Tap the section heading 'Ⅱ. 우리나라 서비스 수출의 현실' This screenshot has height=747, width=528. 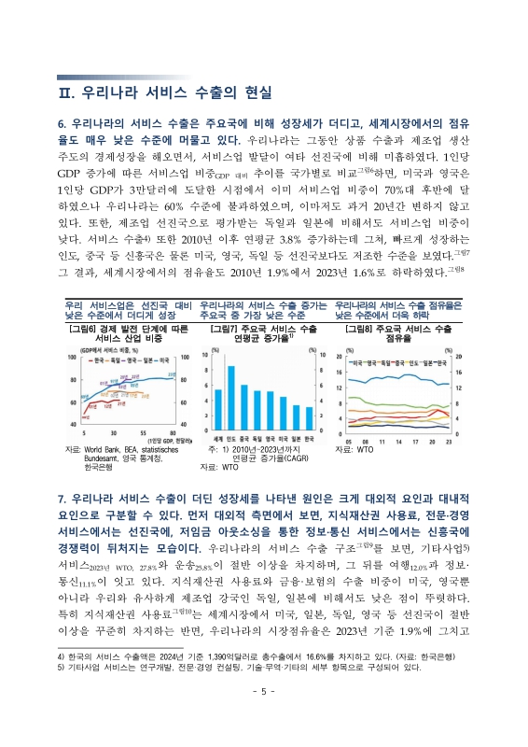tap(164, 93)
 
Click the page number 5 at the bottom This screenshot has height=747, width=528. tap(263, 716)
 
